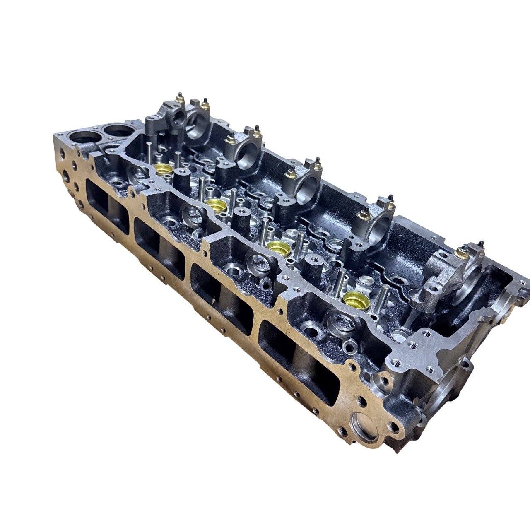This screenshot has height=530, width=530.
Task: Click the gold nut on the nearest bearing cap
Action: (x=460, y=252)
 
